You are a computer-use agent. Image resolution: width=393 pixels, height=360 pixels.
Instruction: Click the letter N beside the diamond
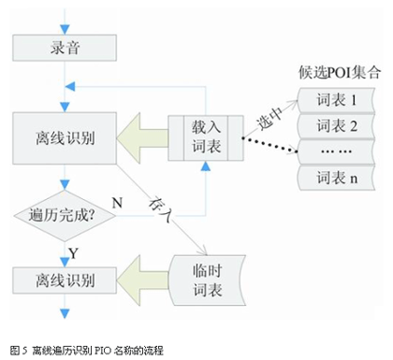[118, 202]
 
